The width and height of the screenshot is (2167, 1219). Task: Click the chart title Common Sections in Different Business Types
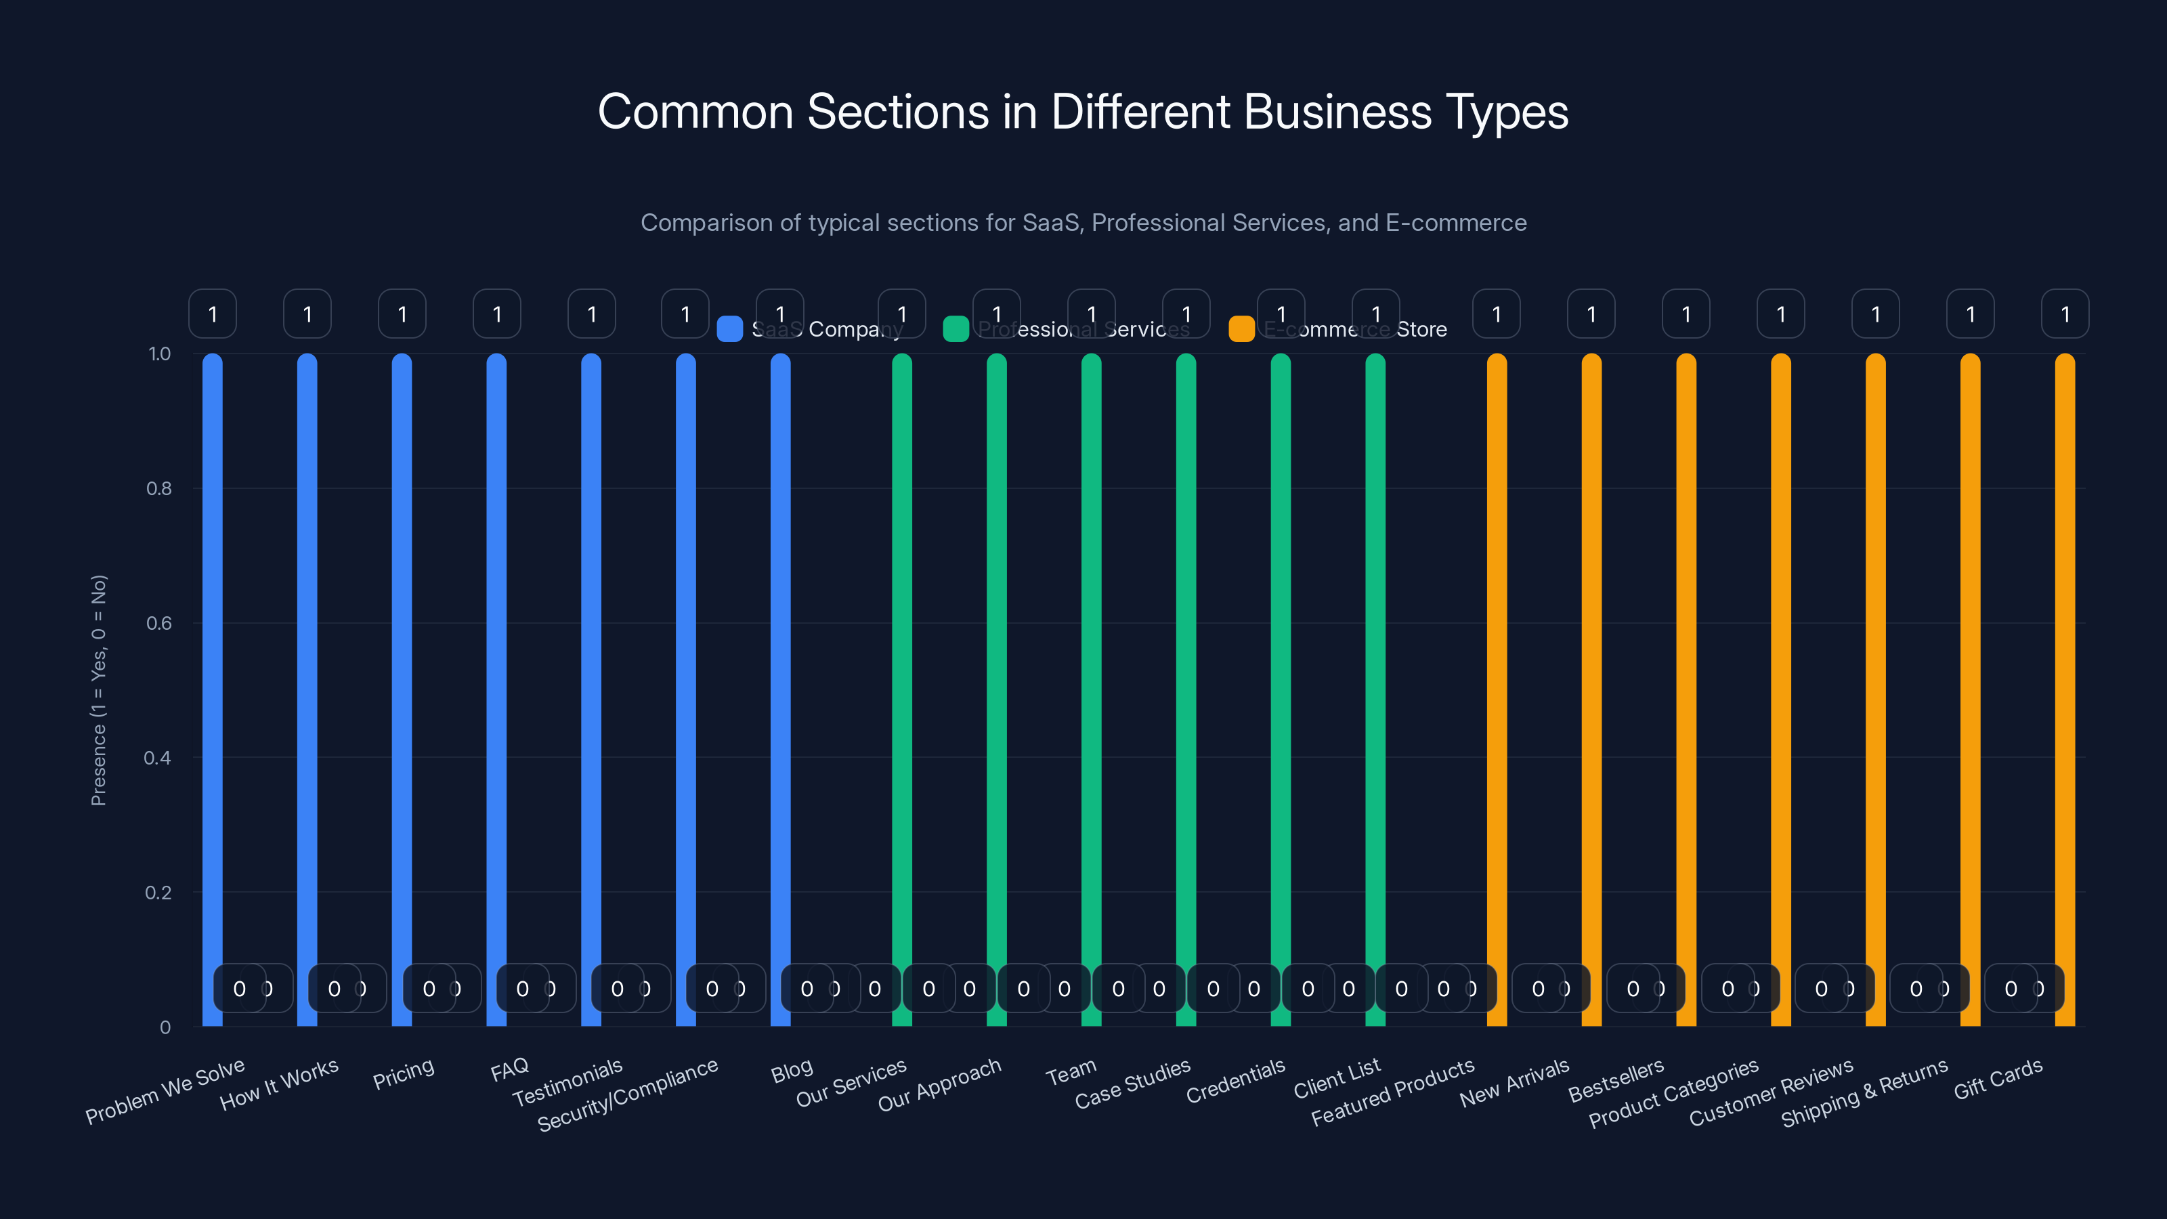pyautogui.click(x=1083, y=112)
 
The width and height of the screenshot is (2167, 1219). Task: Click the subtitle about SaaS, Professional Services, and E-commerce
pyautogui.click(x=1083, y=223)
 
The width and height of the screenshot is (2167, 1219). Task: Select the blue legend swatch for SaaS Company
pyautogui.click(x=729, y=329)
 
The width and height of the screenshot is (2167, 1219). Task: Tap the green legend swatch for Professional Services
pyautogui.click(x=956, y=329)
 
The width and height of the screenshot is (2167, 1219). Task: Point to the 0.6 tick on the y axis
pyautogui.click(x=158, y=623)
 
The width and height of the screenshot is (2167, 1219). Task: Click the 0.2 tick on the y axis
pyautogui.click(x=158, y=893)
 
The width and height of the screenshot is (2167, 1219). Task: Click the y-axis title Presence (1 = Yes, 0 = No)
pyautogui.click(x=98, y=690)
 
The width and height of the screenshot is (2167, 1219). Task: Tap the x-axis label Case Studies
pyautogui.click(x=1132, y=1084)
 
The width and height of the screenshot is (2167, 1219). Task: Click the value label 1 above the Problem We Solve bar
pyautogui.click(x=213, y=314)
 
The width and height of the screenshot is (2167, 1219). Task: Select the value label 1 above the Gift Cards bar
pyautogui.click(x=2065, y=314)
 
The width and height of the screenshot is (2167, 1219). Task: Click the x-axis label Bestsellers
pyautogui.click(x=1616, y=1080)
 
